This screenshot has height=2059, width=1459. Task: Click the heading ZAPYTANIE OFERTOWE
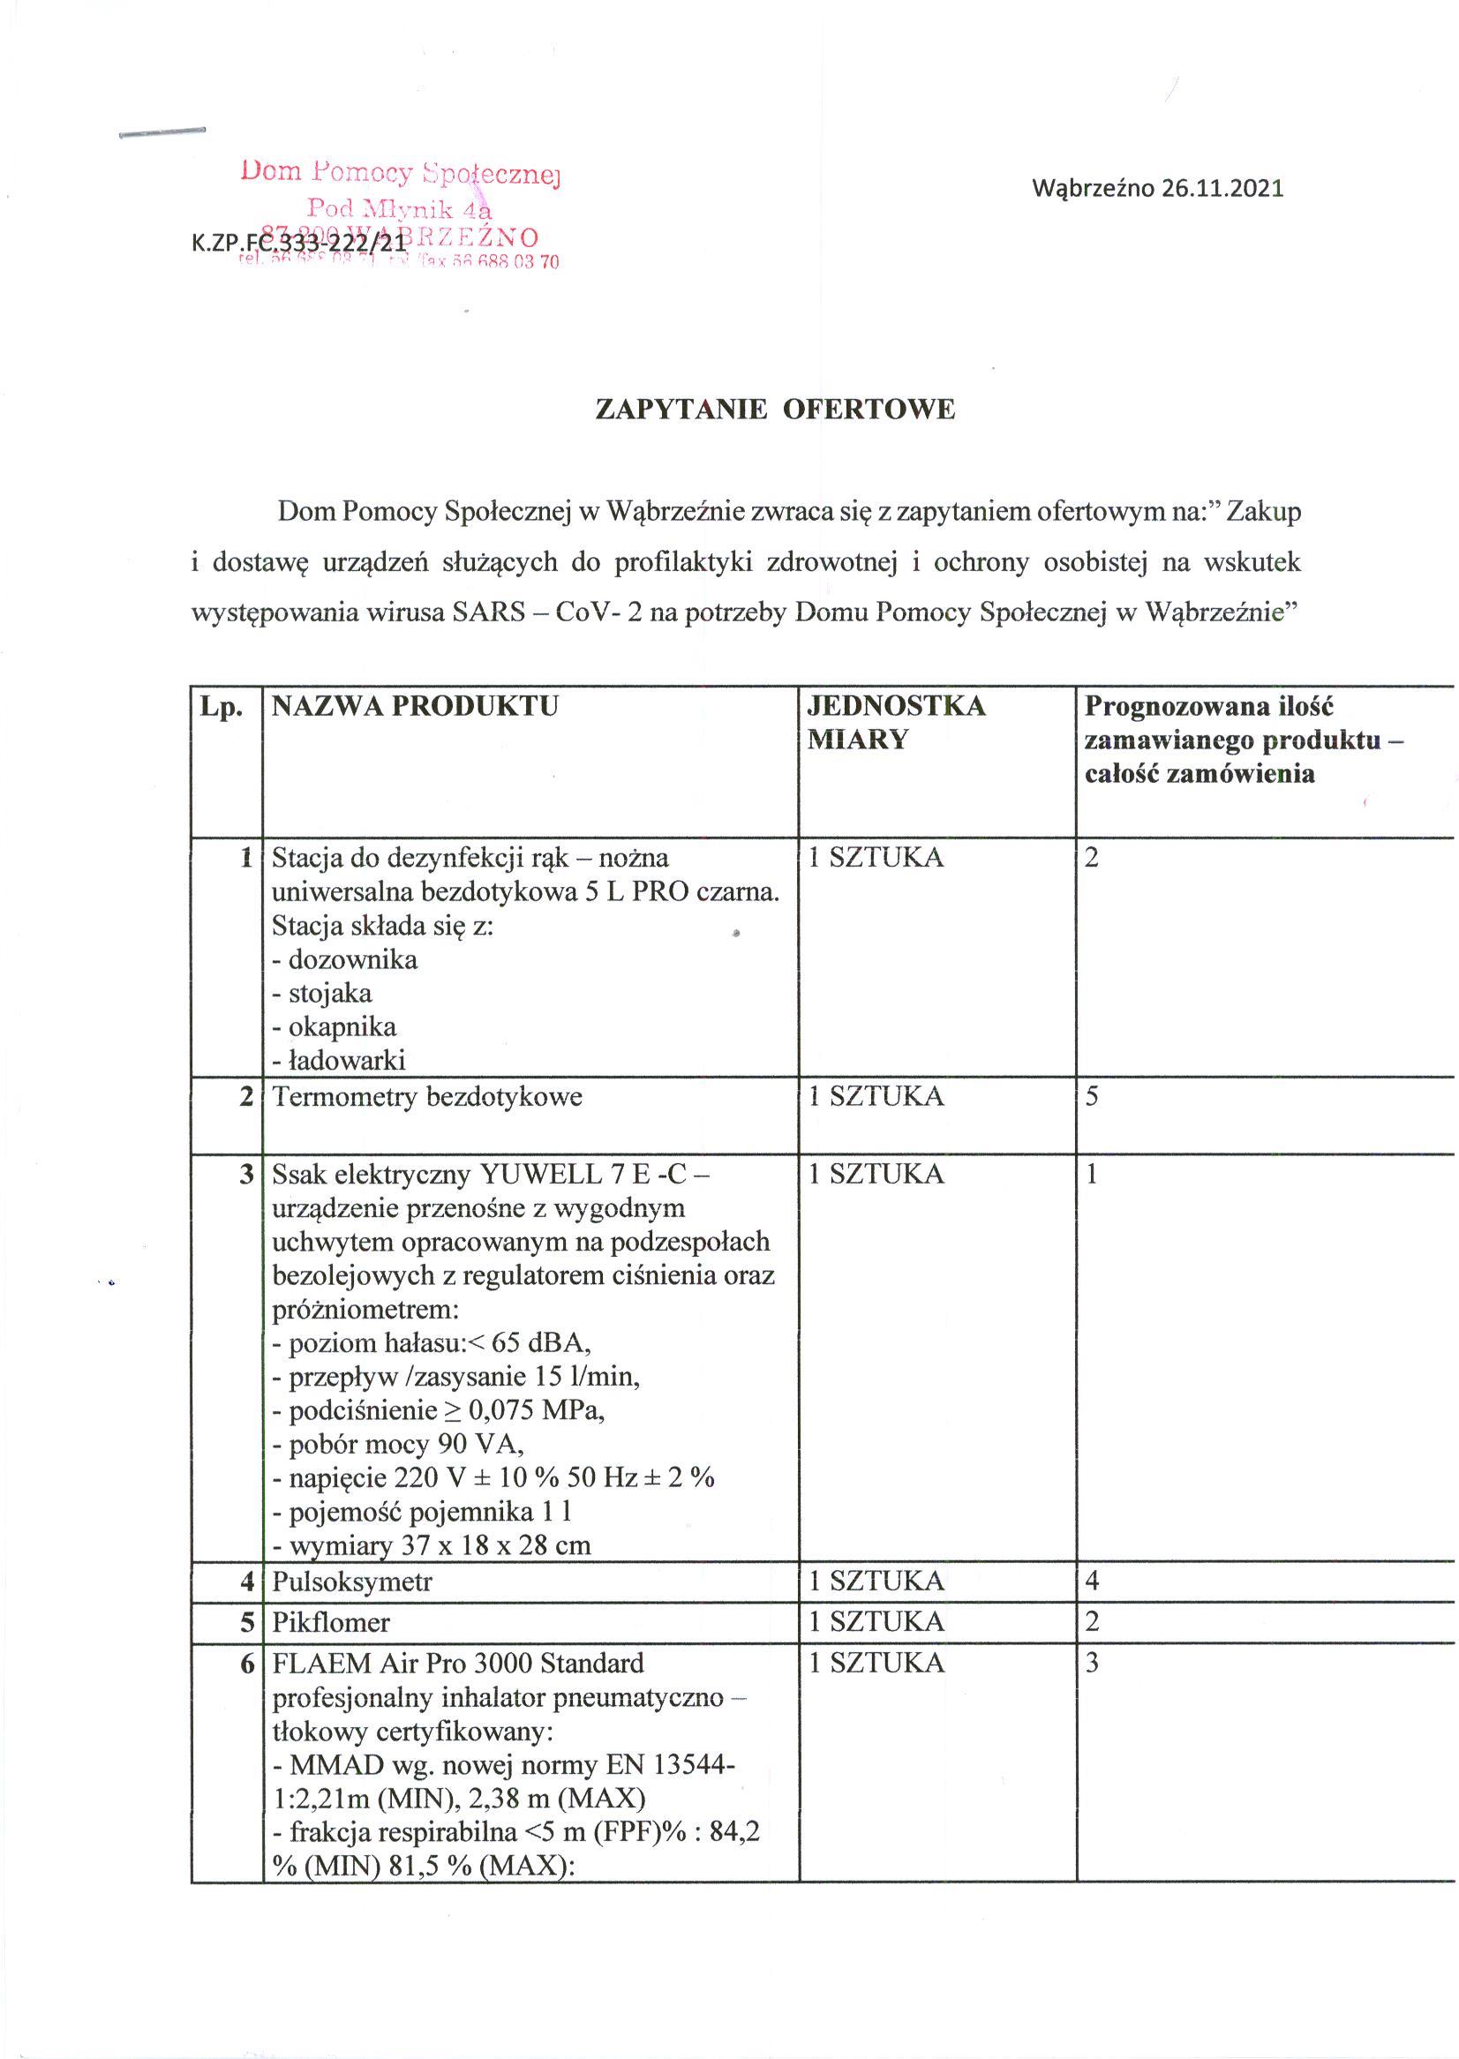pos(775,410)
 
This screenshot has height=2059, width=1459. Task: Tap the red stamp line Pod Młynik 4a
pos(400,207)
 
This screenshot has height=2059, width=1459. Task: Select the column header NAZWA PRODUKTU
pos(415,706)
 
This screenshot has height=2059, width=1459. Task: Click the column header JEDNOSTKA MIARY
pos(897,722)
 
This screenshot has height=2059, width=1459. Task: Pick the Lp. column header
pos(222,707)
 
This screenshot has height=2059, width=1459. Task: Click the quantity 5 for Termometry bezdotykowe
pos(1093,1097)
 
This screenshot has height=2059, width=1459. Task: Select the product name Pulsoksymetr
pos(352,1581)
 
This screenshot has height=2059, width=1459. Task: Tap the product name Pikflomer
pos(331,1622)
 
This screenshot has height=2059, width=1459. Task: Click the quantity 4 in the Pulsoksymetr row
pos(1093,1581)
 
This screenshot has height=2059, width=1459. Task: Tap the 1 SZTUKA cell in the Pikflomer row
pos(876,1622)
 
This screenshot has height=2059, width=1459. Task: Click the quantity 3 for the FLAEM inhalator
pos(1093,1664)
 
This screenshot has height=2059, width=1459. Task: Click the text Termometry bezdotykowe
pos(427,1097)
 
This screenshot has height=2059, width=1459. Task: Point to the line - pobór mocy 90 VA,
pos(398,1445)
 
